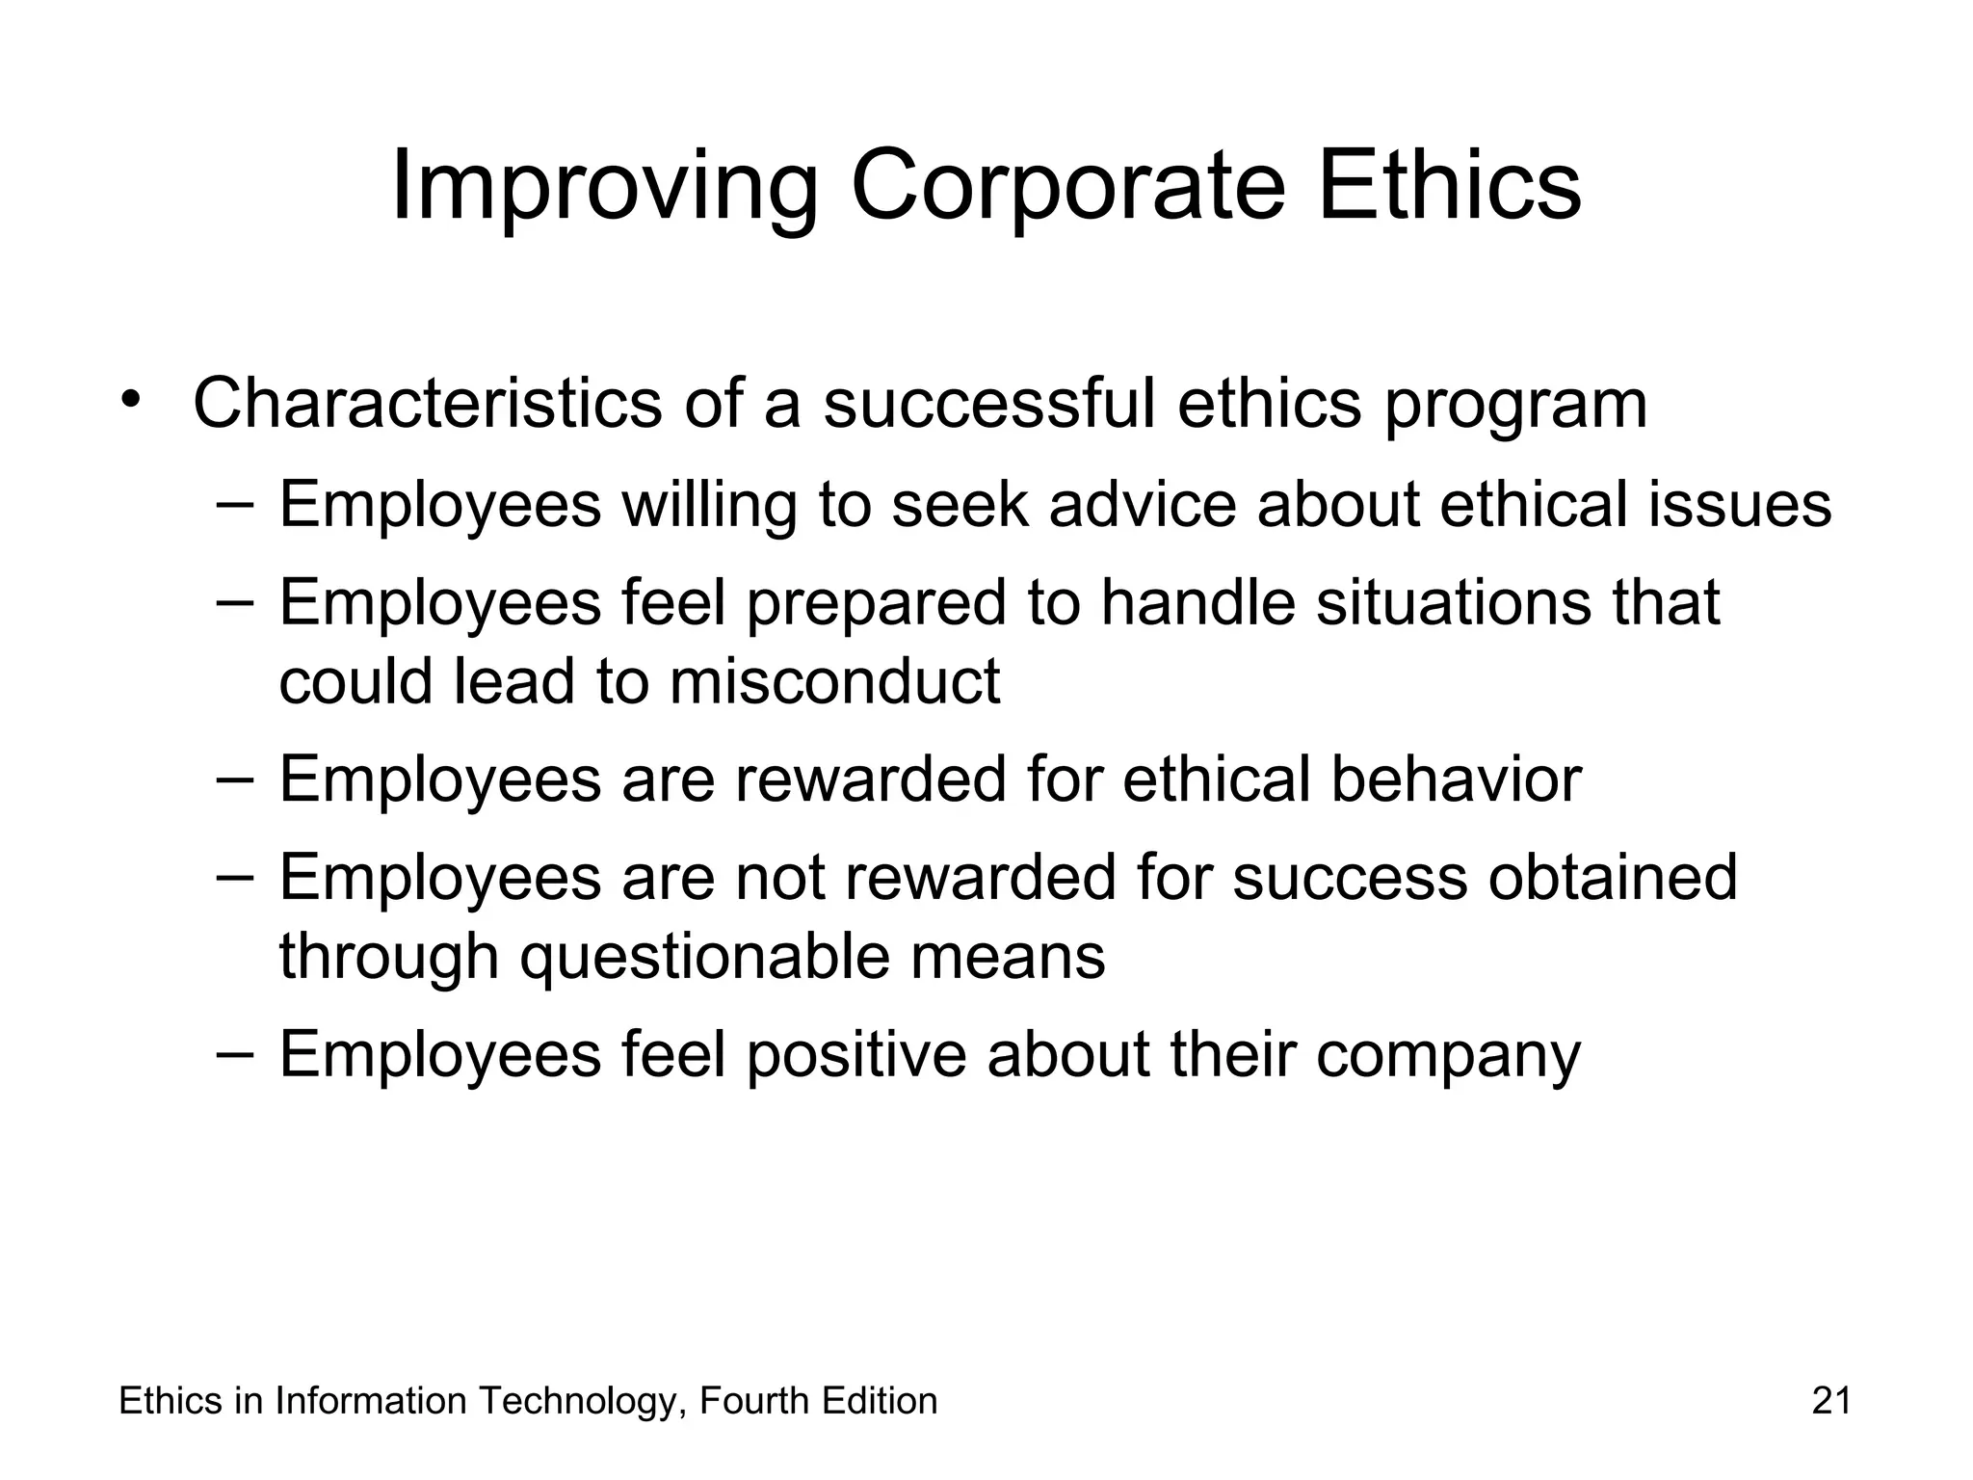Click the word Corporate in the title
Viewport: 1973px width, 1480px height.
coord(1067,185)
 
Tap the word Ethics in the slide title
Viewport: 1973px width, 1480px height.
coord(1449,185)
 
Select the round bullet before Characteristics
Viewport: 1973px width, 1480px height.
coord(132,399)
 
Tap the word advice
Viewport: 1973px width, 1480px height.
coord(1142,504)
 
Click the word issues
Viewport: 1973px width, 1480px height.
coord(1739,504)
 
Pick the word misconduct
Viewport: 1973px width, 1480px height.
coord(834,681)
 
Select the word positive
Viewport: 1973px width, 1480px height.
coord(855,1055)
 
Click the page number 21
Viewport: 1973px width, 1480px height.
coord(1830,1401)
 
